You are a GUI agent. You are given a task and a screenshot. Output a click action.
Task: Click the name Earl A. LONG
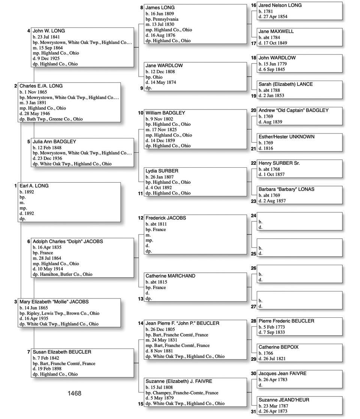(34, 186)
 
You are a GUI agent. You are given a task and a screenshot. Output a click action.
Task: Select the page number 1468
(74, 393)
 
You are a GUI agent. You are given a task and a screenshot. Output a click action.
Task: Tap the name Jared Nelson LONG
(280, 6)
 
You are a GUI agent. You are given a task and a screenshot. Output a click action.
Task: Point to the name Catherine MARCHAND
(170, 276)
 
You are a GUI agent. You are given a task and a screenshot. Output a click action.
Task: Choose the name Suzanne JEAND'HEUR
(284, 400)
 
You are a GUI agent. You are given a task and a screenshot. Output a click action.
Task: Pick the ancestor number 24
(253, 216)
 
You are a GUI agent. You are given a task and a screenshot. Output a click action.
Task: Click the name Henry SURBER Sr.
(279, 164)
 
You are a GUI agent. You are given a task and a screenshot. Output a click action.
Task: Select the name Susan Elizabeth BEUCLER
(62, 352)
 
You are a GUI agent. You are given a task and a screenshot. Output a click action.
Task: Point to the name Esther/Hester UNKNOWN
(286, 137)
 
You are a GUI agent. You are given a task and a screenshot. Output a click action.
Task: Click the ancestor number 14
(141, 323)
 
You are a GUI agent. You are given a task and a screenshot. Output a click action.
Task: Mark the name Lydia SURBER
(162, 171)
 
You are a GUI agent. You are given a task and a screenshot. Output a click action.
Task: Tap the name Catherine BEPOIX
(279, 347)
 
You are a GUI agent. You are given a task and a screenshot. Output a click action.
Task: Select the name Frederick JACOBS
(166, 218)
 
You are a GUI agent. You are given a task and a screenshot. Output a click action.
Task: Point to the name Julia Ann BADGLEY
(54, 142)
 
